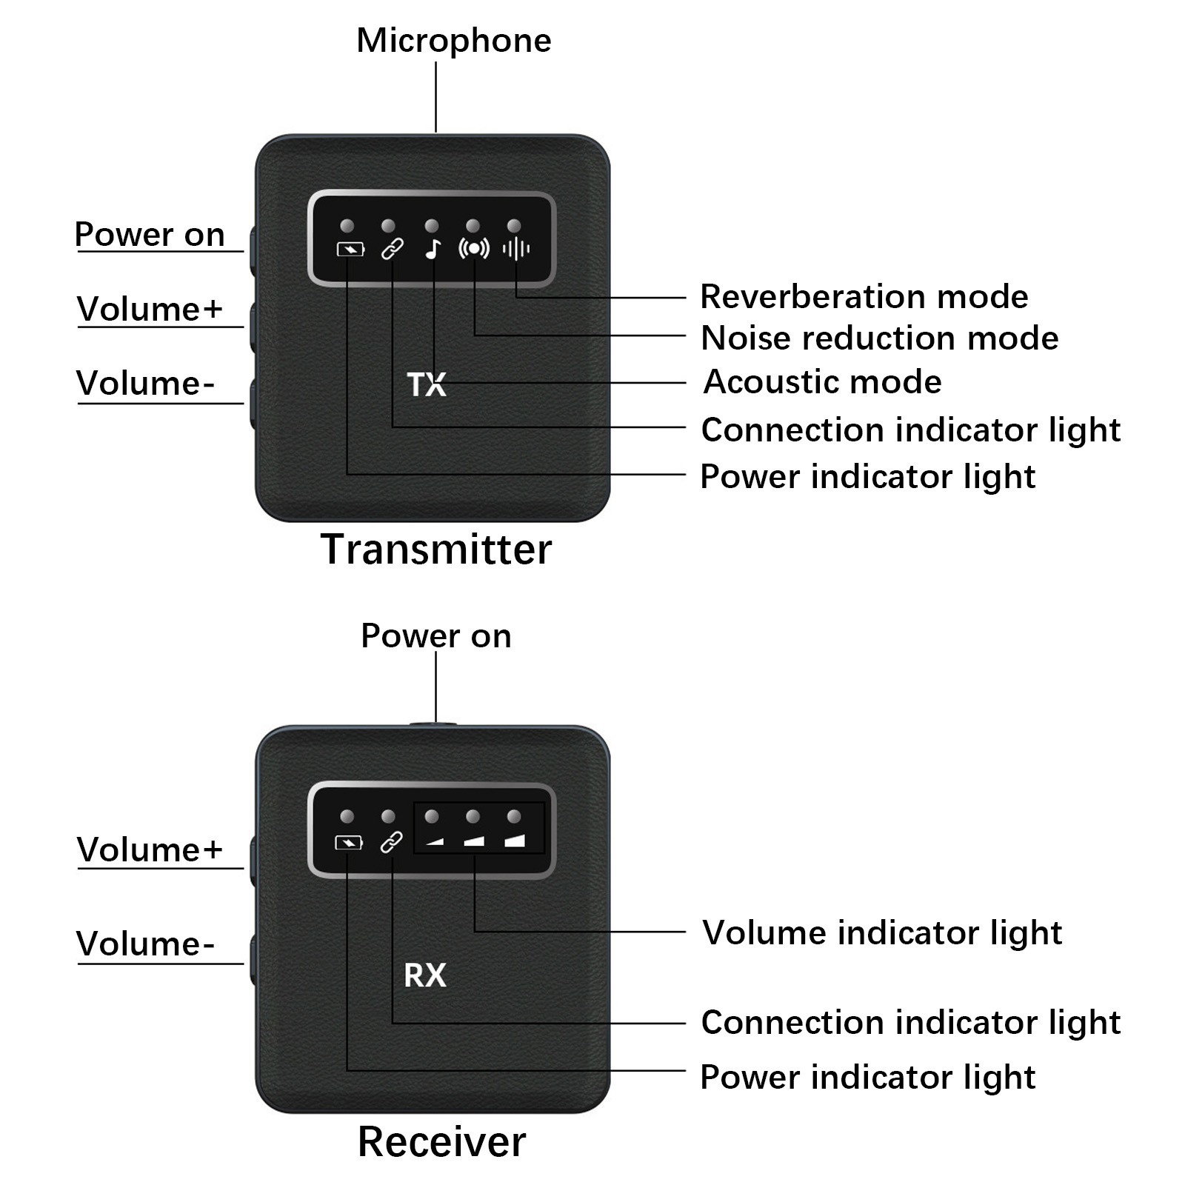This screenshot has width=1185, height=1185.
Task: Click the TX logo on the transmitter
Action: click(x=427, y=385)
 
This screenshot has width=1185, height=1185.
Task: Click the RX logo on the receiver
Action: click(x=425, y=975)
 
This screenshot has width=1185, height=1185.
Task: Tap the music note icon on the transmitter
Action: click(x=433, y=250)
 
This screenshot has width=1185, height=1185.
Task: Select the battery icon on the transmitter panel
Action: click(x=350, y=250)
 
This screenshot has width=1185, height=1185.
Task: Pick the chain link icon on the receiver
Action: click(x=391, y=842)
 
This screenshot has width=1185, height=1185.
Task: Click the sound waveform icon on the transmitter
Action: click(x=515, y=250)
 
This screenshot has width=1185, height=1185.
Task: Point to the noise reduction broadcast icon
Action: click(x=474, y=249)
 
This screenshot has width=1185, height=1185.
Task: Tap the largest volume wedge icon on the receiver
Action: click(x=514, y=841)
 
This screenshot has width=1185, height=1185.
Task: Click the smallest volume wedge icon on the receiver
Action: click(x=433, y=841)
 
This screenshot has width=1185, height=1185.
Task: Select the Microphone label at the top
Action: click(x=453, y=41)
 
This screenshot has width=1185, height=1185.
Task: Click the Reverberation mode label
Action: click(x=864, y=297)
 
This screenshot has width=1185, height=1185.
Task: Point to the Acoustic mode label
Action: click(x=822, y=382)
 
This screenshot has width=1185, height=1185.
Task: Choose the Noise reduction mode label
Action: click(x=879, y=338)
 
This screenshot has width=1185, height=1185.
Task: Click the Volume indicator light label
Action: click(x=881, y=932)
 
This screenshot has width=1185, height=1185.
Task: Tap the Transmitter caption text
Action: click(x=436, y=550)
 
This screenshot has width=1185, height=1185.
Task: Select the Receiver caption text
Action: click(x=441, y=1141)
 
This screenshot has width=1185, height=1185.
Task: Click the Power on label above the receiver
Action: click(x=435, y=636)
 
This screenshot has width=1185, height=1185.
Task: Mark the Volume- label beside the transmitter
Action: click(x=145, y=384)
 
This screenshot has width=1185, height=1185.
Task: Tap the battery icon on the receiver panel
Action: click(x=349, y=843)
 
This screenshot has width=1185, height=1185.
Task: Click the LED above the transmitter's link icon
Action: click(x=388, y=226)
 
